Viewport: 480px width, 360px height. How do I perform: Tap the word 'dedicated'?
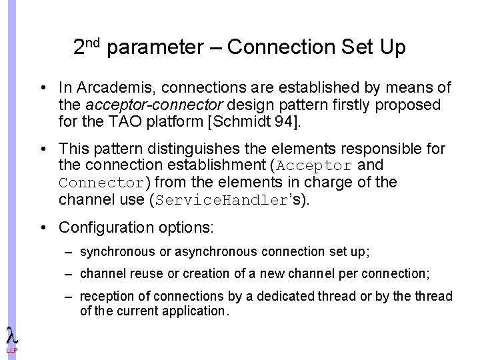click(x=289, y=296)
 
